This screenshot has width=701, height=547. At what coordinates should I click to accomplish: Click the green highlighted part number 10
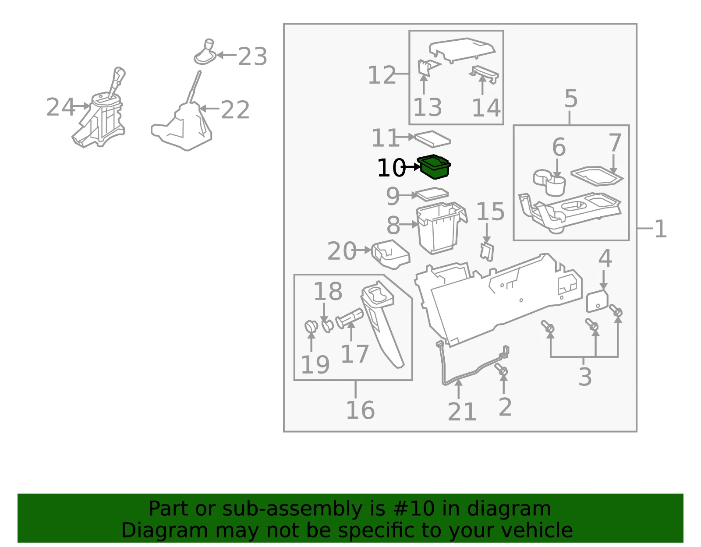click(434, 167)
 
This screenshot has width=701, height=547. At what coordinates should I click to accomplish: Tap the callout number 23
click(253, 56)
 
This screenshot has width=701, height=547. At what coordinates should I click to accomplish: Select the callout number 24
click(60, 107)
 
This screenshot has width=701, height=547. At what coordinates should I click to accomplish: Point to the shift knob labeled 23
click(205, 52)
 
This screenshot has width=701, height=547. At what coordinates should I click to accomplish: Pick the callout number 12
click(382, 75)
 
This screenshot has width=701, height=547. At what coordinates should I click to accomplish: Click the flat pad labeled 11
click(432, 138)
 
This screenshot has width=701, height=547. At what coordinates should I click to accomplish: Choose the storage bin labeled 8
click(441, 228)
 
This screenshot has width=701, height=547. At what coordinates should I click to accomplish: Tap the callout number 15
click(490, 212)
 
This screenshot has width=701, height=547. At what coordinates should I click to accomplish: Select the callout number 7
click(615, 143)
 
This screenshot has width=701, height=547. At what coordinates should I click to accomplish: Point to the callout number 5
click(571, 99)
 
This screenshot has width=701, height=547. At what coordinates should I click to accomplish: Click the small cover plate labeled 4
click(597, 301)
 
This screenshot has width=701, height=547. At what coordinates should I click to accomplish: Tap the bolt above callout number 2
click(501, 369)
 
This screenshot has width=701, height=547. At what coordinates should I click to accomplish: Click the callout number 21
click(462, 412)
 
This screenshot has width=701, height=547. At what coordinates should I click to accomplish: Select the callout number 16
click(360, 410)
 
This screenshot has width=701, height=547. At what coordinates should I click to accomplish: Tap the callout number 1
click(660, 229)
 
